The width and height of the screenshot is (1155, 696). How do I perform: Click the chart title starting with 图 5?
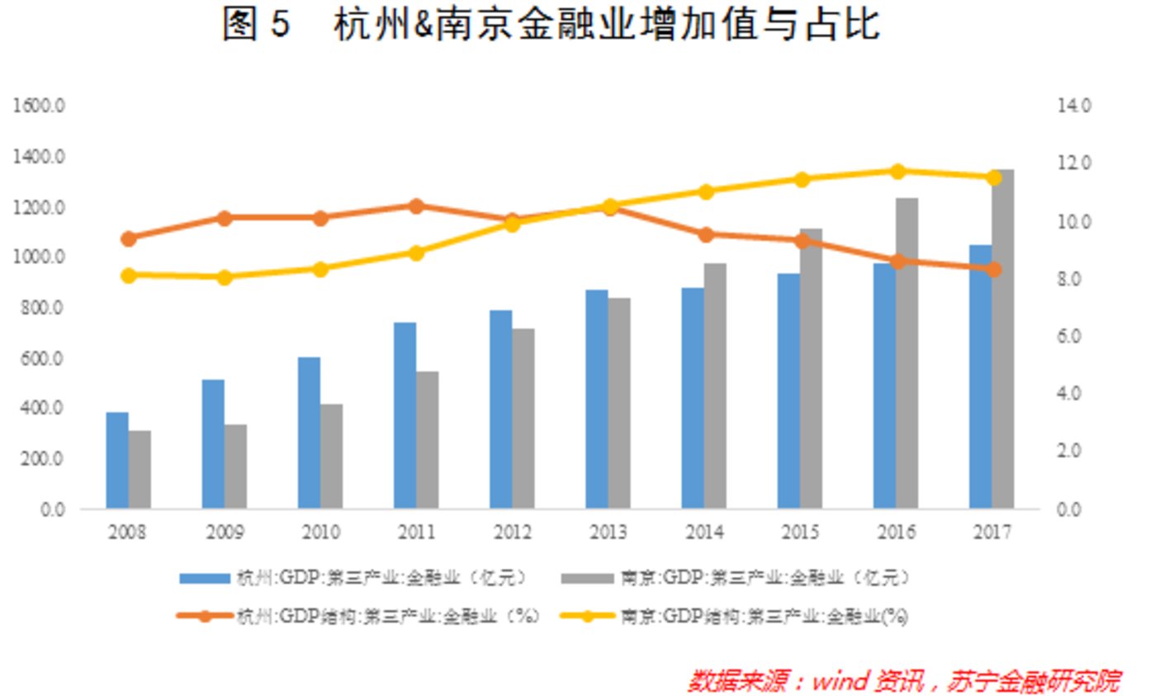click(551, 25)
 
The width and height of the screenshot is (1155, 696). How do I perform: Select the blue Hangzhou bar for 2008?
click(117, 460)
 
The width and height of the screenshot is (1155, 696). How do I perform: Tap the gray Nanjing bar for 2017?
click(1002, 339)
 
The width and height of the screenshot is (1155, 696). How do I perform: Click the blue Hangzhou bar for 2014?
click(692, 397)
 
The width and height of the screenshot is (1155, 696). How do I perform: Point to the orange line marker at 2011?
click(416, 206)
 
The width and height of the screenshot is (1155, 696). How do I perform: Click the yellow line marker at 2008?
click(128, 276)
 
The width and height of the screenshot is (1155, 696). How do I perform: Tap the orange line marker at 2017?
click(993, 269)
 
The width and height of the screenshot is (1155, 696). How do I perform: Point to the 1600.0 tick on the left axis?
click(38, 106)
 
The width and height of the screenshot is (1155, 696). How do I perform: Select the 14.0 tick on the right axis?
click(1073, 106)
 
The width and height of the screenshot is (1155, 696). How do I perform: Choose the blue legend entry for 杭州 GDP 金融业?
click(354, 578)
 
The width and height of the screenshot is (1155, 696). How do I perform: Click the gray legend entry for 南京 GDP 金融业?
click(736, 578)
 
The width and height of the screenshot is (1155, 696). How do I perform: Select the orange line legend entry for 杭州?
click(358, 616)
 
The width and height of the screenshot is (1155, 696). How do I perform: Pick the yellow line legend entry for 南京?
click(734, 616)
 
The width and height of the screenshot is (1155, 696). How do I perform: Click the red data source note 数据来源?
click(904, 680)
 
